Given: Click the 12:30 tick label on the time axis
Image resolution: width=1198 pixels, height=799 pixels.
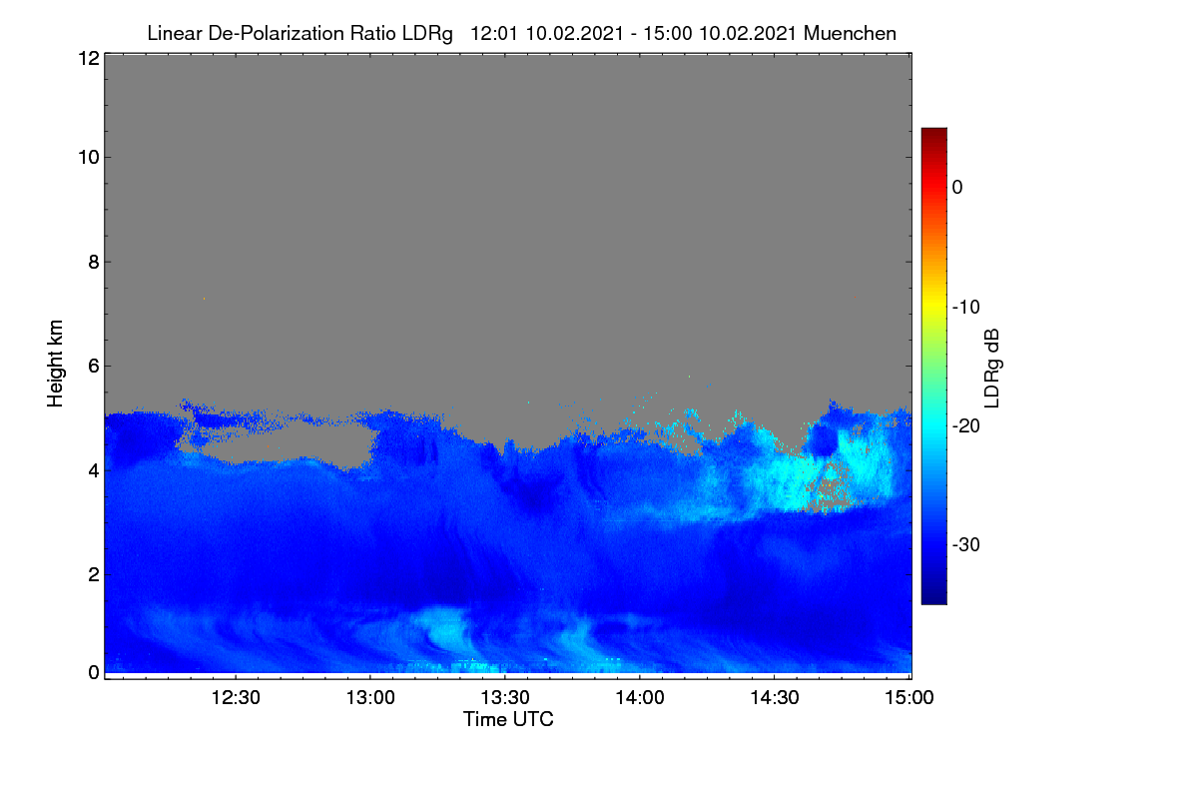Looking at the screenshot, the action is (x=236, y=697).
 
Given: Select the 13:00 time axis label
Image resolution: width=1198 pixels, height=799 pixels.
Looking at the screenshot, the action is (x=370, y=697).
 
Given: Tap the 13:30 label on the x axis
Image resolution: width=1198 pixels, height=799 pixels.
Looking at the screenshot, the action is (x=505, y=697).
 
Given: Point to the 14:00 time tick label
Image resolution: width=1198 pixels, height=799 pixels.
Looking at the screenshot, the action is (x=640, y=697).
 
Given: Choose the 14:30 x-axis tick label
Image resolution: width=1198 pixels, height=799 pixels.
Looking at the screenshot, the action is (x=775, y=697).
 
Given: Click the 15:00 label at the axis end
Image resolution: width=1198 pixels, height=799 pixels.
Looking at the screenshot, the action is (x=909, y=697).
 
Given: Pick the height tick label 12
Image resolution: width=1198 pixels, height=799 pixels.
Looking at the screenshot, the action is (x=89, y=58).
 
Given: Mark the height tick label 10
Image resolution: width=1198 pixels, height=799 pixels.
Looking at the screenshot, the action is (x=89, y=158).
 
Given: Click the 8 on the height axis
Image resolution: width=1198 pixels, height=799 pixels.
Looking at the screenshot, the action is (x=94, y=262).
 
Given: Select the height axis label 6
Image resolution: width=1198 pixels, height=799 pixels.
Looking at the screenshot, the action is (x=94, y=367).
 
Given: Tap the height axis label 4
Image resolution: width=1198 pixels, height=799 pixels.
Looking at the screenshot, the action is (x=94, y=471).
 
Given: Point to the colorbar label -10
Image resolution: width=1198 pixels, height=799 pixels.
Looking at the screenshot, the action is (x=966, y=308).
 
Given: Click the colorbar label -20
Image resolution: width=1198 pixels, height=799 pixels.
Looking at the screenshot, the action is (x=966, y=426).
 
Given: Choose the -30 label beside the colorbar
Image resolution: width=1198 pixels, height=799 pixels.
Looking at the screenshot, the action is (x=966, y=544).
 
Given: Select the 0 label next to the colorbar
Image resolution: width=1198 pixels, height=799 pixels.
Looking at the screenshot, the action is (x=957, y=188).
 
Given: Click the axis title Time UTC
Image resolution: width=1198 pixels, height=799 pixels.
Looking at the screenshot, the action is (x=508, y=719).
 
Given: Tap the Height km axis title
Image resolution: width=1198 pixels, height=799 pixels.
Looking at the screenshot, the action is (x=55, y=364).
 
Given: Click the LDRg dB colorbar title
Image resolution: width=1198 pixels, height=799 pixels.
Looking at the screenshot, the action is (x=991, y=369).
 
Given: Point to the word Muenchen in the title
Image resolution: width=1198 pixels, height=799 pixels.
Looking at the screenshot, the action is (x=850, y=33).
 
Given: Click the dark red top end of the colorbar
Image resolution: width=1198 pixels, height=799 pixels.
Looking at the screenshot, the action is (x=933, y=130).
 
